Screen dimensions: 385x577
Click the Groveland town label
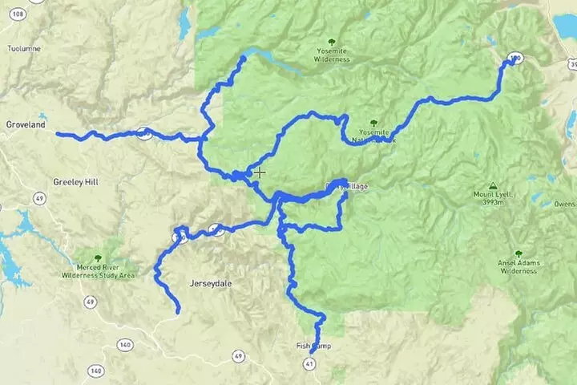pos(25,126)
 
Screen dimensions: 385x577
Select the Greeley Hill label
pos(75,182)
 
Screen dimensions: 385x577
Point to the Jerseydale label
pos(210,283)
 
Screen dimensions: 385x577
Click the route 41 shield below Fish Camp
pos(310,363)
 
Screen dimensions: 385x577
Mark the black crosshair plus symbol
pos(260,172)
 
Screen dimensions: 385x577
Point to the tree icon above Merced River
pos(98,258)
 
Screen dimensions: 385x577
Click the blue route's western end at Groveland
pos(59,134)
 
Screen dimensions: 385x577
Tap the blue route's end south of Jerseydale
pos(177,310)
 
